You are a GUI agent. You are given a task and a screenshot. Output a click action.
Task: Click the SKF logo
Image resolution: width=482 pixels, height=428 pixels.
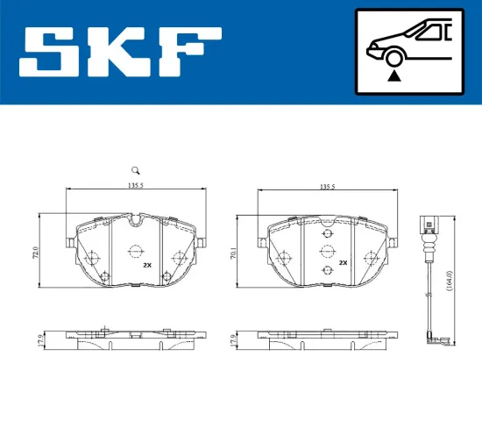coord(121,52)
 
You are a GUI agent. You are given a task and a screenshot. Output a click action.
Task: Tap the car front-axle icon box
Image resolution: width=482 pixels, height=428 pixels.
coord(409,52)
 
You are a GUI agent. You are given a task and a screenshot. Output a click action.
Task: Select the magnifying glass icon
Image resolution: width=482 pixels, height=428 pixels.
coord(135,170)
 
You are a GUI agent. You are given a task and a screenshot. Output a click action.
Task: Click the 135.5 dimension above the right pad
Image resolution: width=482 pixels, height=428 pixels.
coord(327,186)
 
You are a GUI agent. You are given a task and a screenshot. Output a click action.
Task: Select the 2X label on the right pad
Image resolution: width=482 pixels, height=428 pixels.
coord(344,262)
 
